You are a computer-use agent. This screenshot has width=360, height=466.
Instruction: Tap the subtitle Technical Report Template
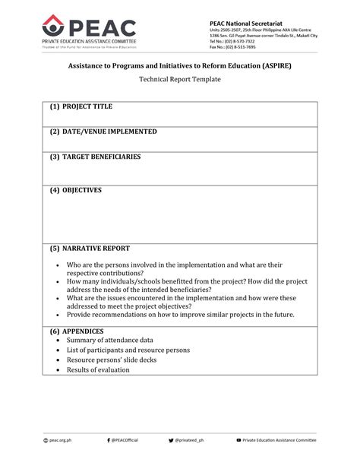(x=179, y=80)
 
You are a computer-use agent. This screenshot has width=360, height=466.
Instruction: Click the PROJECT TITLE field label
(x=86, y=108)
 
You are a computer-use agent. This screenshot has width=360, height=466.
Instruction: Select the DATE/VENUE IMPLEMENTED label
(x=103, y=132)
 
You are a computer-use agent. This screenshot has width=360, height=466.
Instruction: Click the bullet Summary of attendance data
(x=110, y=341)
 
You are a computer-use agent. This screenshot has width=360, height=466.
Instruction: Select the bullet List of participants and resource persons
(x=128, y=350)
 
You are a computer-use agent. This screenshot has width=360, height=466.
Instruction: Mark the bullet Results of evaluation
(x=97, y=370)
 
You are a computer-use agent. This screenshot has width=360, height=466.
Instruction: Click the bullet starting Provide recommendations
(x=180, y=315)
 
